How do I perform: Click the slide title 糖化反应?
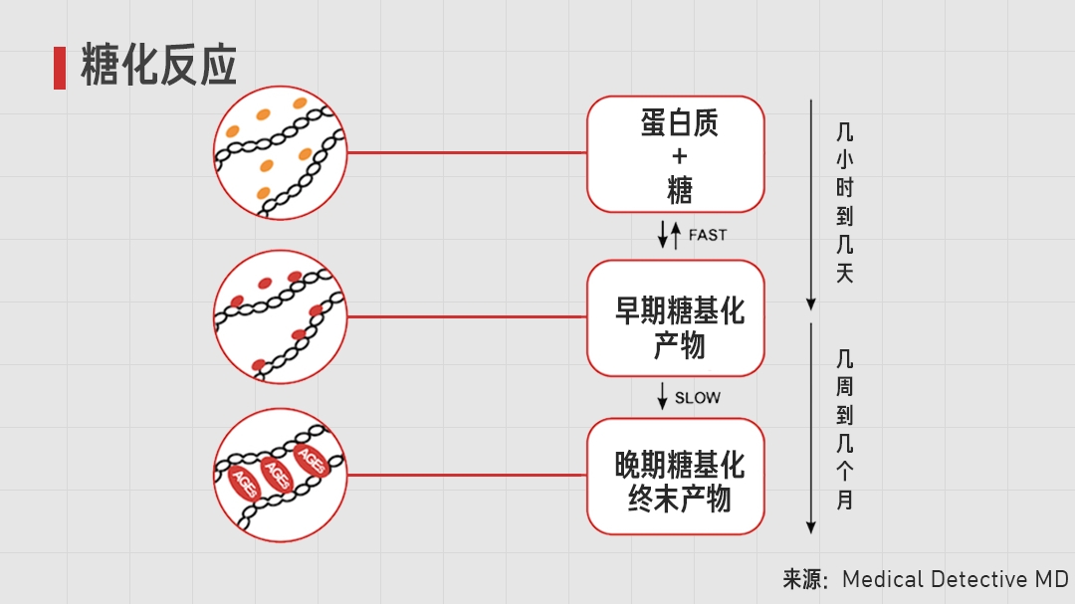click(x=158, y=67)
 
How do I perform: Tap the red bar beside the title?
click(x=60, y=68)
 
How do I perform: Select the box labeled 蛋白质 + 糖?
click(x=676, y=154)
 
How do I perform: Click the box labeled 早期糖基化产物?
click(x=676, y=318)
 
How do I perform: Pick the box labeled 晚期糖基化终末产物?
click(x=676, y=477)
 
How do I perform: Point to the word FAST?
click(x=708, y=235)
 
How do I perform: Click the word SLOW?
click(x=698, y=397)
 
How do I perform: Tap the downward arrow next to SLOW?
click(x=663, y=396)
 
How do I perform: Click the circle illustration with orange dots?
click(x=280, y=153)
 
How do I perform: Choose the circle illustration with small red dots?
click(x=280, y=316)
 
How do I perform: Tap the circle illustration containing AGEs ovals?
click(x=280, y=476)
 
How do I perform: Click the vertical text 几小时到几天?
click(x=845, y=202)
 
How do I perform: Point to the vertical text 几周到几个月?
click(x=845, y=429)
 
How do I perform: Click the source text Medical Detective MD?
click(x=955, y=579)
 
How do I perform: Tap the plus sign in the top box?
click(x=680, y=156)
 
